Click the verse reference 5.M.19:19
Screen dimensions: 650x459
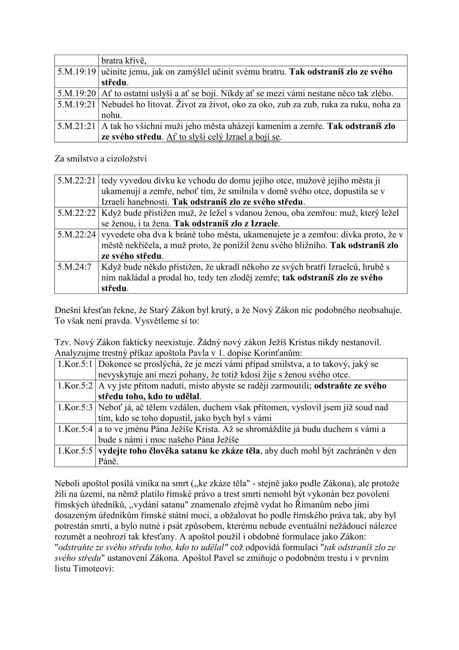click(x=76, y=72)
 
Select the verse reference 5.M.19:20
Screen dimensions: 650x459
click(x=76, y=93)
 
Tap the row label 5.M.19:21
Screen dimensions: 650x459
click(x=76, y=104)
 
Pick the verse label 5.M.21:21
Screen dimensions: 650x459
click(x=76, y=126)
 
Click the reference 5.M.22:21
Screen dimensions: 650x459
click(x=76, y=180)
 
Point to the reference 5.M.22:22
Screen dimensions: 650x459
click(x=76, y=213)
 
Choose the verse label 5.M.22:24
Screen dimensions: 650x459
click(x=76, y=234)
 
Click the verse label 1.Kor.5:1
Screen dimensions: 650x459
click(x=75, y=364)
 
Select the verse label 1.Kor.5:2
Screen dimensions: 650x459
click(x=75, y=386)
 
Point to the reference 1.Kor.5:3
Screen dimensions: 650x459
click(x=75, y=407)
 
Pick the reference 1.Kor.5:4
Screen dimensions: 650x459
click(x=75, y=429)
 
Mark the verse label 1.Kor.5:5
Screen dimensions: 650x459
click(x=75, y=451)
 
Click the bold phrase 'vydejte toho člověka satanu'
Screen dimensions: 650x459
click(x=153, y=451)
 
